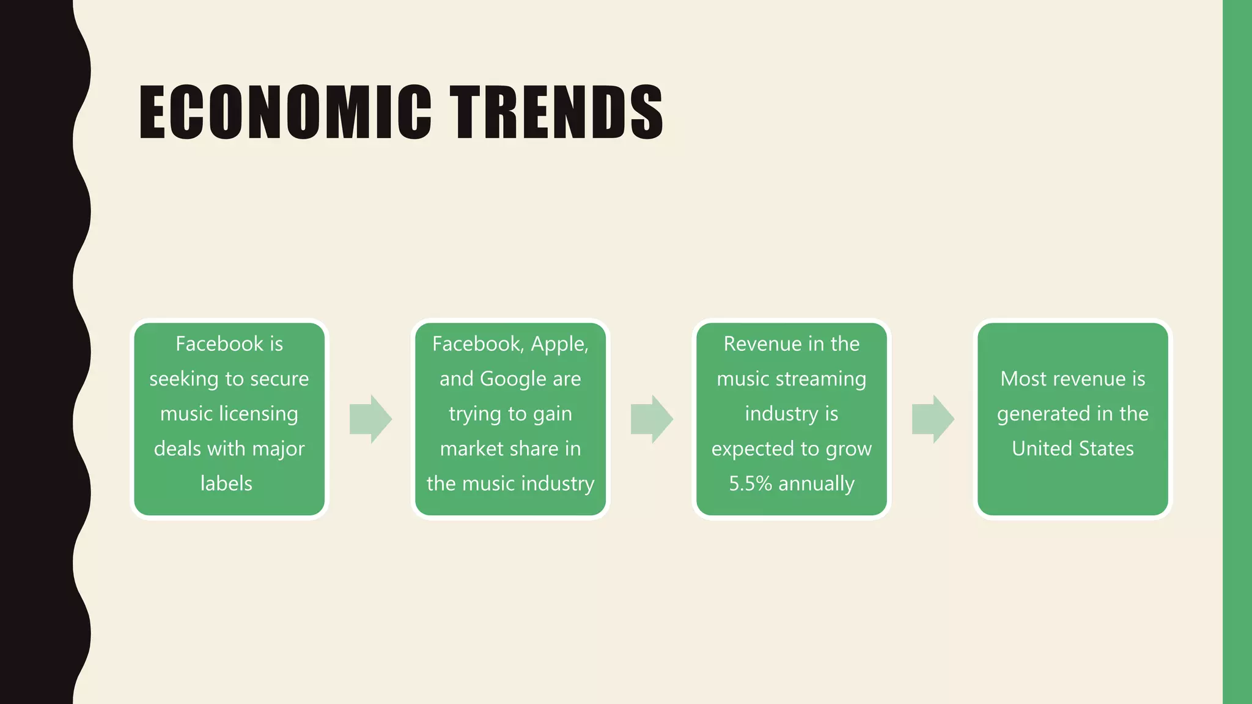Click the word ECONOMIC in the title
coord(285,112)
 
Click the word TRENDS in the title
coord(556,112)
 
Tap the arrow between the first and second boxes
coord(370,419)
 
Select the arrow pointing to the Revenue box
coord(652,419)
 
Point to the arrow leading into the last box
coord(933,419)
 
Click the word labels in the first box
coord(226,483)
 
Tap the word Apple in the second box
coord(559,344)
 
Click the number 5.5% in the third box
coord(751,483)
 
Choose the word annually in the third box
coord(816,483)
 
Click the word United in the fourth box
coord(1039,449)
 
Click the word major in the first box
coord(278,449)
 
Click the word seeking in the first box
coord(184,380)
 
